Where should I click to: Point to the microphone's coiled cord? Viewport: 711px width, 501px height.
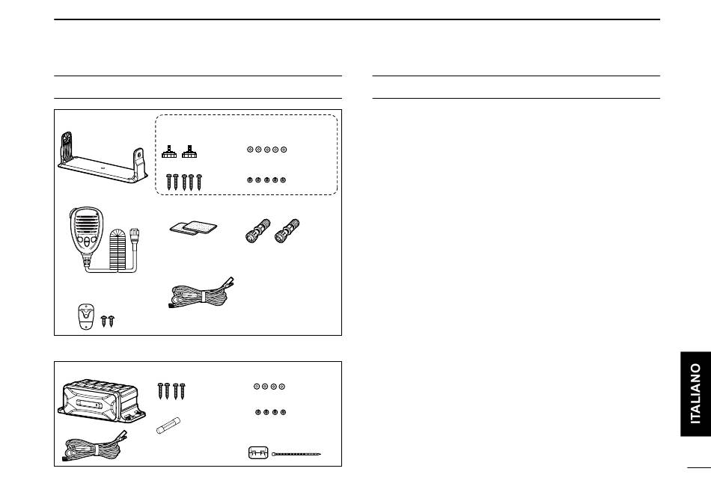tap(120, 250)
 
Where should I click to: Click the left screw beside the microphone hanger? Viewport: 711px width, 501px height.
tap(103, 322)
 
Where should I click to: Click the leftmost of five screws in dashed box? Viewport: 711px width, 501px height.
tap(168, 182)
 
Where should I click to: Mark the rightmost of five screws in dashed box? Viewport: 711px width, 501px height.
tap(200, 182)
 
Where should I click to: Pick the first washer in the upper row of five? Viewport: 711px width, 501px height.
tap(250, 150)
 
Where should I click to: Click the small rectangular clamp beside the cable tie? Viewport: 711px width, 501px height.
tap(257, 453)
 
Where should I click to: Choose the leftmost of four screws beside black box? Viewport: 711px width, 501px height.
tap(160, 390)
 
